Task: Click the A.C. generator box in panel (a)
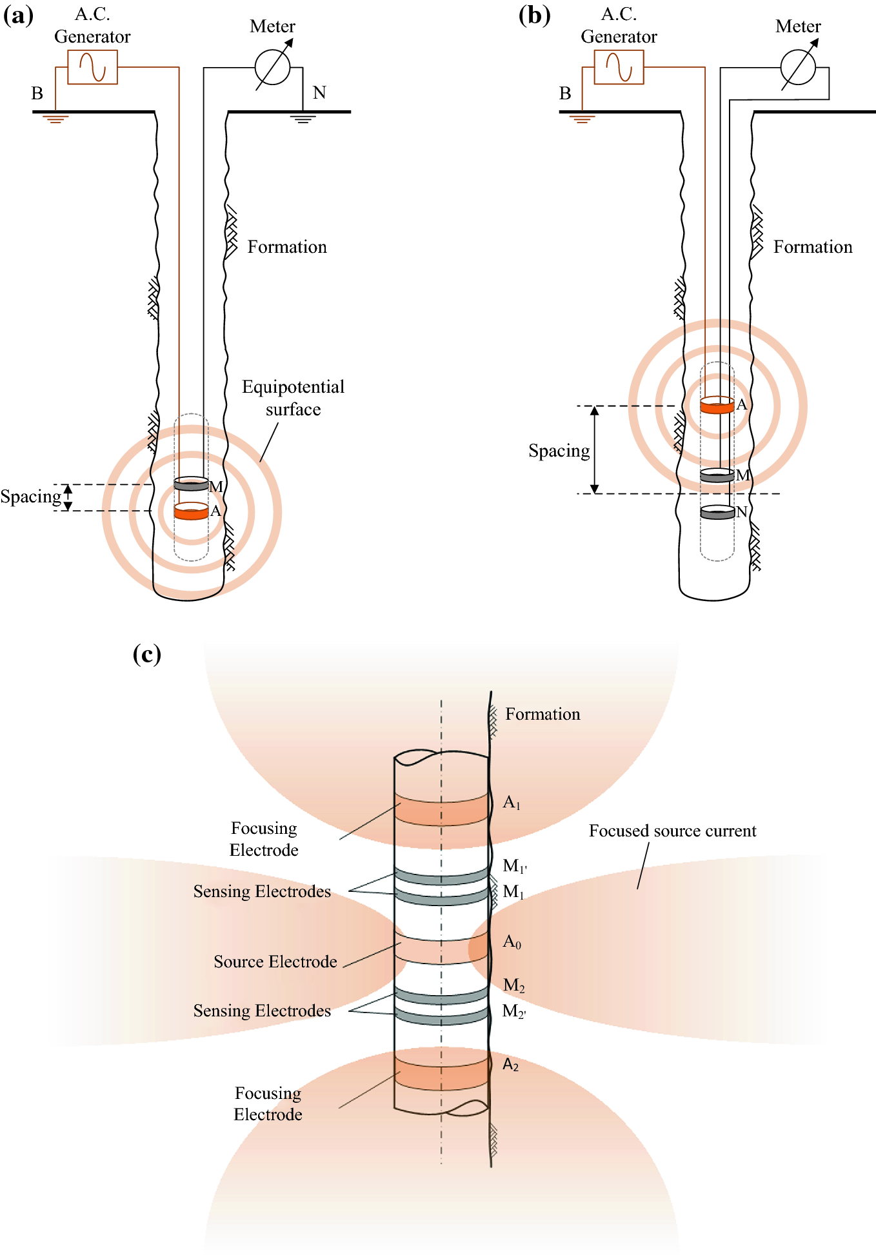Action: [92, 67]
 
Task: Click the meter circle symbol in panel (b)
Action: [798, 68]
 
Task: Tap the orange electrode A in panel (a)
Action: [191, 511]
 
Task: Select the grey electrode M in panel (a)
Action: [191, 484]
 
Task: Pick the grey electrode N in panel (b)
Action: [717, 513]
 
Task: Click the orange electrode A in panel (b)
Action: [717, 406]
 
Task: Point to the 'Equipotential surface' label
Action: [293, 398]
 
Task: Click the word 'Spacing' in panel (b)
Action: [559, 451]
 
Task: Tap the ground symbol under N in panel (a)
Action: [303, 119]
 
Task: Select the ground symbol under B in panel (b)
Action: [582, 119]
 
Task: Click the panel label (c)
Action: [147, 654]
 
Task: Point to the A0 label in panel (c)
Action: [512, 942]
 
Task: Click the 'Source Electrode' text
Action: [275, 962]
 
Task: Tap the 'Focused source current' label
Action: [672, 831]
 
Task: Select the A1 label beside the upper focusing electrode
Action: [512, 803]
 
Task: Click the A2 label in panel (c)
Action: [511, 1065]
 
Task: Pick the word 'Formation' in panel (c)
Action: [543, 714]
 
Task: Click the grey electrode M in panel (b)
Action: [717, 476]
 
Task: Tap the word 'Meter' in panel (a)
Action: [272, 26]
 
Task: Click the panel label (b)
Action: [534, 15]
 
